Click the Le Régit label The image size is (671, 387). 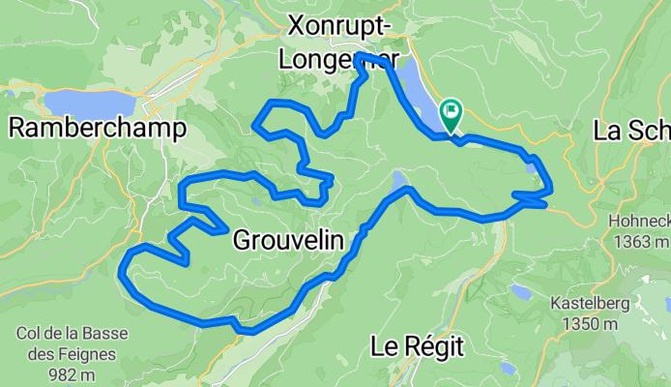pyautogui.click(x=418, y=345)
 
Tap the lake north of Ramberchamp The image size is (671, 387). pyautogui.click(x=89, y=102)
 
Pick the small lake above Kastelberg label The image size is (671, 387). pyautogui.click(x=522, y=290)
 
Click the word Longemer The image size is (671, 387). pyautogui.click(x=338, y=60)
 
